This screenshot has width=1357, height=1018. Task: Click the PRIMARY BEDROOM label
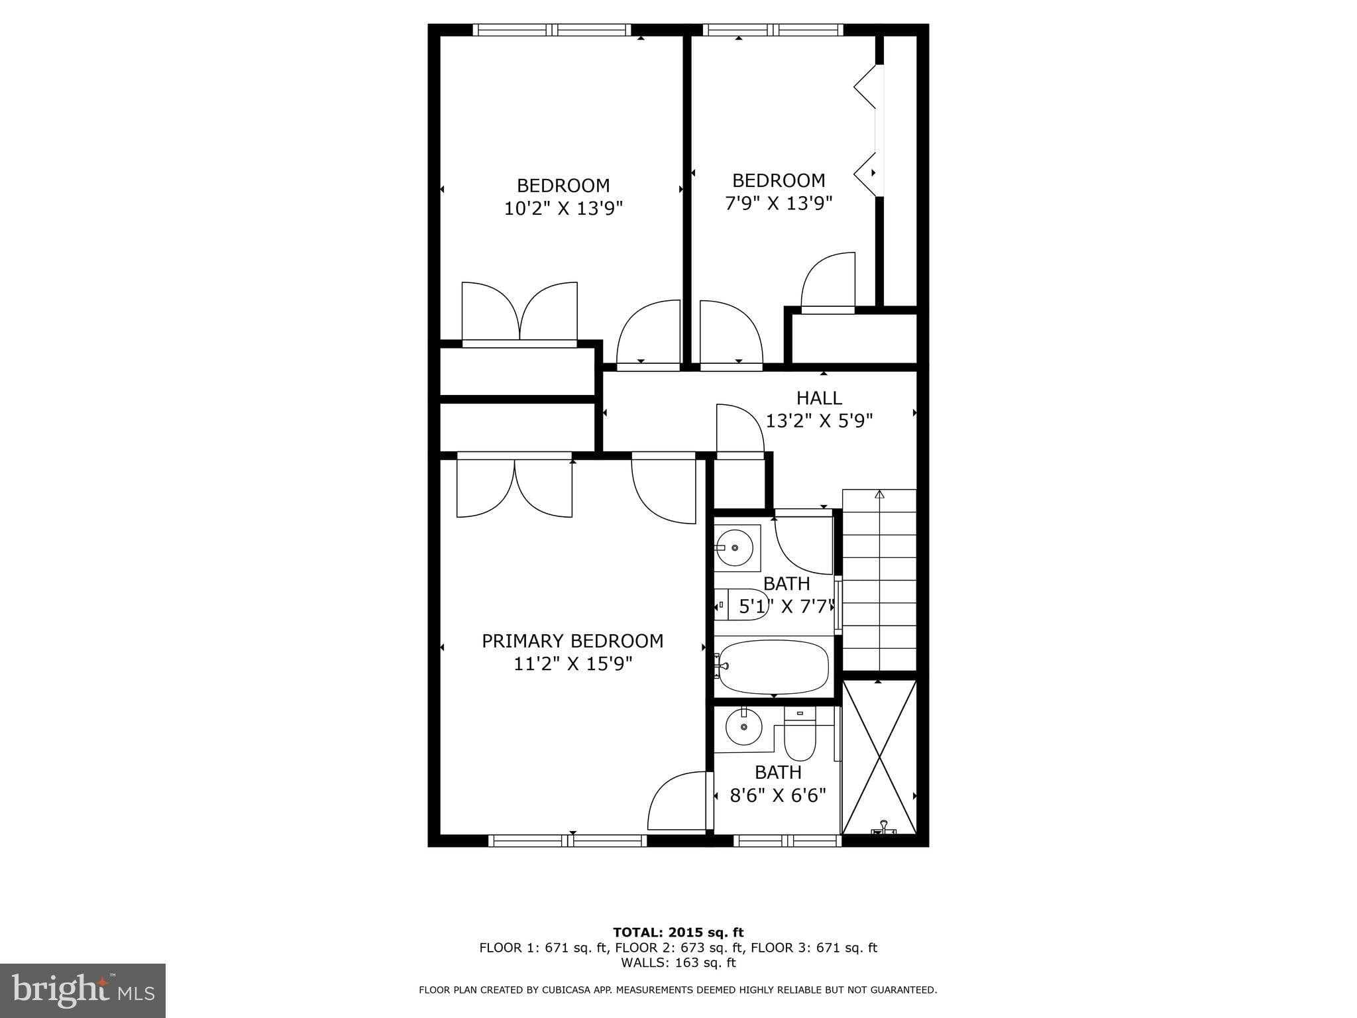(572, 641)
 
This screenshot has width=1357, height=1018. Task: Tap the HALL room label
(819, 398)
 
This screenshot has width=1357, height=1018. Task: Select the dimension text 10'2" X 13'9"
(563, 209)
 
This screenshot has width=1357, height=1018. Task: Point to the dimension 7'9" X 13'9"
(779, 203)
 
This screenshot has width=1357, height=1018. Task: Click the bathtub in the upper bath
(773, 667)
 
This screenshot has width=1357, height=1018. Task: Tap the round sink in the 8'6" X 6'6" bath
(743, 728)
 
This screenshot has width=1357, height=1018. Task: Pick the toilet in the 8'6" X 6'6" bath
(800, 736)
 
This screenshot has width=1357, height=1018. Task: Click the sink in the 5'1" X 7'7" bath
(734, 548)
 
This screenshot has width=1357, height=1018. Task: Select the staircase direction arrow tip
(879, 494)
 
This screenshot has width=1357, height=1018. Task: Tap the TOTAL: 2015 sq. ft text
(678, 933)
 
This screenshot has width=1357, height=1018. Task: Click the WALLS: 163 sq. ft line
(678, 962)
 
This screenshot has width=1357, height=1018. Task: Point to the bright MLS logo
(83, 990)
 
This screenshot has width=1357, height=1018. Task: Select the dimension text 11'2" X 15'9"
(573, 663)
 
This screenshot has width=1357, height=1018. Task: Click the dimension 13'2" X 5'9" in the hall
(819, 421)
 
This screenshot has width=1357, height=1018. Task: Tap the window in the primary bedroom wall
(567, 840)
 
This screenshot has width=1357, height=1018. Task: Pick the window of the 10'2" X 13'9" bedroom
(552, 30)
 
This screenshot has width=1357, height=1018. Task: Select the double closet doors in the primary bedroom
(514, 485)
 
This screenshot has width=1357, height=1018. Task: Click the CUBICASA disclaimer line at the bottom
(678, 990)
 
